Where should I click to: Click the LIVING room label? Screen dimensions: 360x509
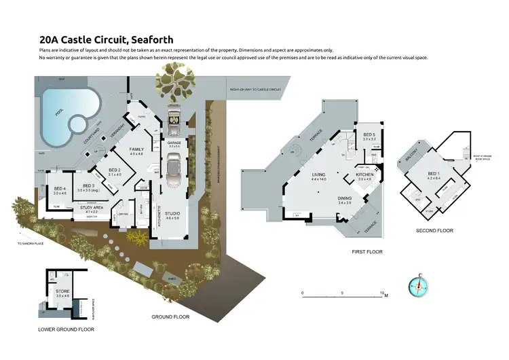tap(319, 175)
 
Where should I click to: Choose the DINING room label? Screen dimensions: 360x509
tap(345, 198)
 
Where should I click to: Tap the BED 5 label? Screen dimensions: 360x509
tap(369, 135)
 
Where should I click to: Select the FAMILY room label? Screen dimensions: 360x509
tap(137, 149)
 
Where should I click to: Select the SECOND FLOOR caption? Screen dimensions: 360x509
tap(434, 230)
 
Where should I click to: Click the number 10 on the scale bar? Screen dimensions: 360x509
tap(383, 293)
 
